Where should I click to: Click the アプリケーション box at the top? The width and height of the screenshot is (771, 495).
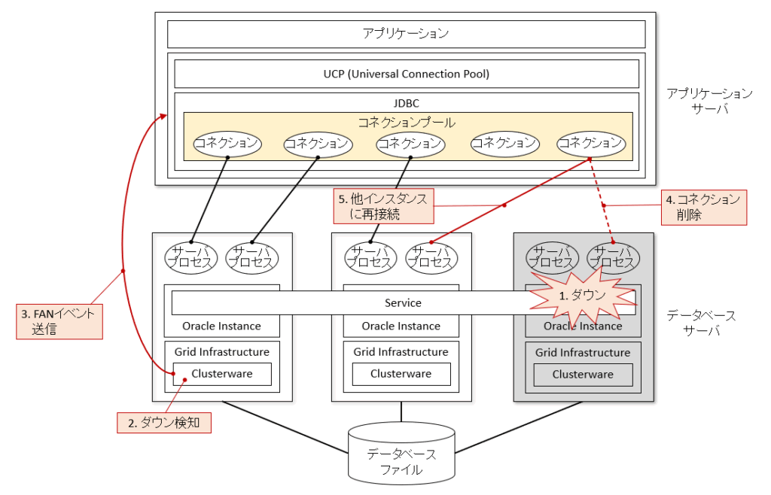tap(406, 34)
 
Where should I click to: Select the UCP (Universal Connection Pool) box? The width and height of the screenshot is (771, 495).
tap(406, 74)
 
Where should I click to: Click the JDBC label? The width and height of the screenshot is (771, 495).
tap(407, 103)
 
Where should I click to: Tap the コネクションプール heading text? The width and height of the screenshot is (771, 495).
tap(407, 121)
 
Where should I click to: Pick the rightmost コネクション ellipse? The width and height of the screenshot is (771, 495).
tap(590, 143)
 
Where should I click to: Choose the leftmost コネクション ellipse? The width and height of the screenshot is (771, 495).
tap(227, 143)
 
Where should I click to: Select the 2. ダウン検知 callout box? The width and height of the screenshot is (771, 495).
tap(164, 423)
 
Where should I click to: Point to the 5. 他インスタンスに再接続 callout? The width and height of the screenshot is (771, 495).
tap(383, 206)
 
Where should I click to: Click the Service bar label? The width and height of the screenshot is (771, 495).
tap(403, 302)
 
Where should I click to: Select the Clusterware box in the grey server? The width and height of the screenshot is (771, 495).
tap(583, 375)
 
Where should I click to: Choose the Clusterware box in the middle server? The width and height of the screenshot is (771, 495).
tap(401, 374)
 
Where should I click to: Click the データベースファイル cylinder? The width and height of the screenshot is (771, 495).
tap(401, 454)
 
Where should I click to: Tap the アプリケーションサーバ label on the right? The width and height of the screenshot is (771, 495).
tap(709, 101)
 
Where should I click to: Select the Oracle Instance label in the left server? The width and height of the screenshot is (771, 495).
tap(221, 326)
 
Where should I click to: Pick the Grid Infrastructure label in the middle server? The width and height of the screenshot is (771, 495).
tap(401, 352)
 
